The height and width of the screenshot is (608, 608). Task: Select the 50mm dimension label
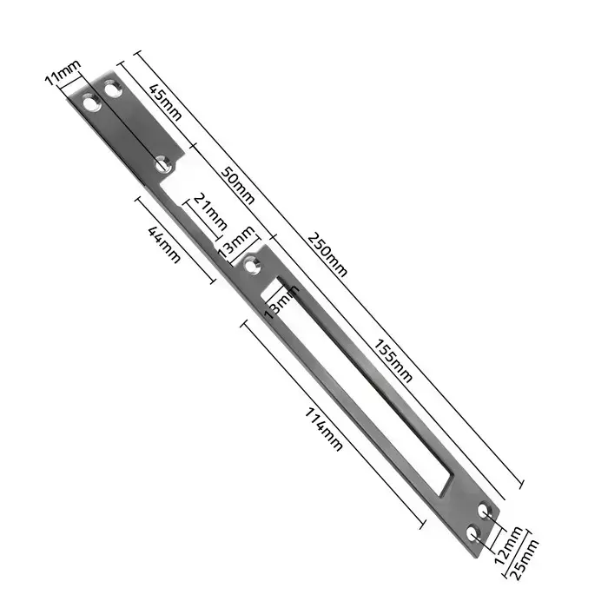(236, 184)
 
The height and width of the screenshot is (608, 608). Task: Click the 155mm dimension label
(393, 358)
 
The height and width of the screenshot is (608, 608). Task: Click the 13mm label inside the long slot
(280, 301)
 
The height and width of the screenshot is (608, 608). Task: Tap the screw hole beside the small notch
(162, 162)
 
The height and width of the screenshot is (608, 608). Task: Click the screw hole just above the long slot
(252, 267)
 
